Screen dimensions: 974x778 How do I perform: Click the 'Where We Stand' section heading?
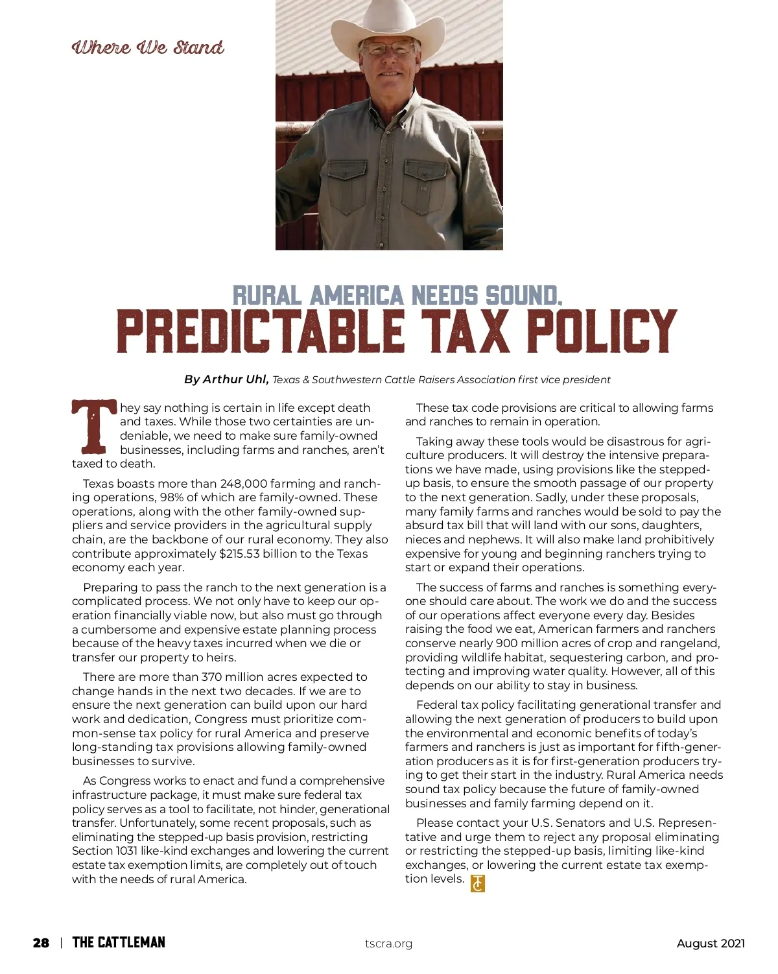[148, 47]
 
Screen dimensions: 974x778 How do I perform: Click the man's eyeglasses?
[388, 49]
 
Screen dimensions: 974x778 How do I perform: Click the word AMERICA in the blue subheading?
[356, 296]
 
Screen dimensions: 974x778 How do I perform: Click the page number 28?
[41, 943]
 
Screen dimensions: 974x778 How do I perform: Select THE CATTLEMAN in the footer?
[119, 943]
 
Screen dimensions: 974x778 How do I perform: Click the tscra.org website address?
[388, 944]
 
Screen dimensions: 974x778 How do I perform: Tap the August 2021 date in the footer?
[711, 944]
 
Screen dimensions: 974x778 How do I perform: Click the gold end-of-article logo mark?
[477, 883]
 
